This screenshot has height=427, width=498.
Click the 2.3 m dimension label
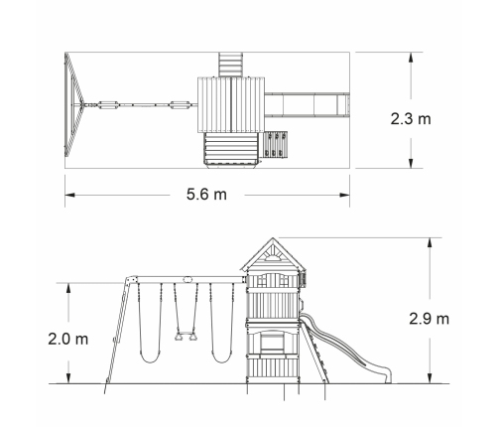[x=411, y=119]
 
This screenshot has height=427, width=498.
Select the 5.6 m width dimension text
[x=206, y=195]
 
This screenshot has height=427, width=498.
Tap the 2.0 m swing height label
[x=68, y=340]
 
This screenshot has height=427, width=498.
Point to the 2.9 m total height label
[x=430, y=319]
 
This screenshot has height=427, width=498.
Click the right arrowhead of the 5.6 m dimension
[x=345, y=195]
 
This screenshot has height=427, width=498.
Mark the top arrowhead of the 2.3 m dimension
[x=411, y=57]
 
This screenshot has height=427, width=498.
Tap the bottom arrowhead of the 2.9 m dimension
[x=430, y=378]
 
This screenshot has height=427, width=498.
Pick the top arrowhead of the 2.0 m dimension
[x=68, y=288]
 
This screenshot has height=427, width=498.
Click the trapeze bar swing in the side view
[x=187, y=336]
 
